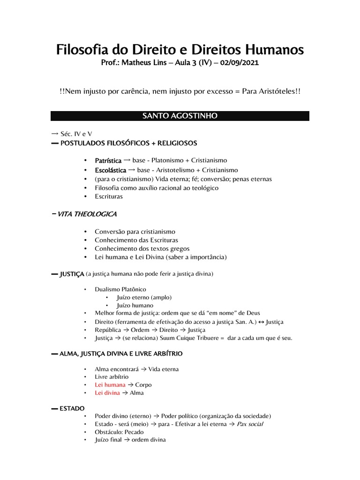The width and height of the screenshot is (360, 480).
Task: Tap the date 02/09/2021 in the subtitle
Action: tap(238, 63)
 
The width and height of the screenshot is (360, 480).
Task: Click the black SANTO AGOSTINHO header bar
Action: tap(180, 116)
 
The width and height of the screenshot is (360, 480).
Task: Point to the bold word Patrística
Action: tap(108, 161)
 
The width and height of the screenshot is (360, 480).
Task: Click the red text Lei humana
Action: tap(110, 385)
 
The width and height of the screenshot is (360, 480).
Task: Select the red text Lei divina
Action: tap(107, 393)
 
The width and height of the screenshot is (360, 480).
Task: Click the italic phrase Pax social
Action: tap(250, 424)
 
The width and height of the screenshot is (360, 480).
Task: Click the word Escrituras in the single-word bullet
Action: tap(109, 196)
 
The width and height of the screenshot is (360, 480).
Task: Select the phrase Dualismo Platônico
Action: tap(120, 289)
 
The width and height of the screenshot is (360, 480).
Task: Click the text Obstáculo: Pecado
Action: tap(119, 432)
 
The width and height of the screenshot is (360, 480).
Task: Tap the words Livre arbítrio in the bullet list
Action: tap(112, 377)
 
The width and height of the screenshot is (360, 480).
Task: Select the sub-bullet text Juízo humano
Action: tap(135, 306)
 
